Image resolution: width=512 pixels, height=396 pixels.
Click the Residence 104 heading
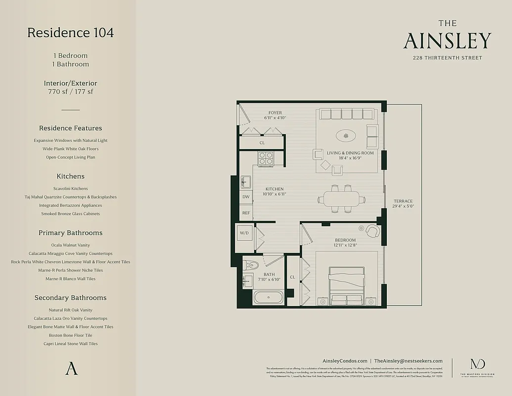pos(70,33)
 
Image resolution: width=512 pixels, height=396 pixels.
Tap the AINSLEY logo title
pos(447,41)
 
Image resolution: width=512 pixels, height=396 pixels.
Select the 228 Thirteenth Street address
pos(447,58)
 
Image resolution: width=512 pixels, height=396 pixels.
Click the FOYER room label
pos(275,113)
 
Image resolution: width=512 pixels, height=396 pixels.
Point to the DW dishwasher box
pos(246,197)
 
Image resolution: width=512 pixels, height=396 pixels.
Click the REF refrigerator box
pos(246,213)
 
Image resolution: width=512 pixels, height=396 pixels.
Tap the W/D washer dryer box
pos(244,233)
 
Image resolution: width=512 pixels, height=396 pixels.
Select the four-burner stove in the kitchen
pos(266,158)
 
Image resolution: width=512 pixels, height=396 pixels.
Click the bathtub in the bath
pos(268,297)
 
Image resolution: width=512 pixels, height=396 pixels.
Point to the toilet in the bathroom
pos(250,264)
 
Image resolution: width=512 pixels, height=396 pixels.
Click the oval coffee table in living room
pos(346,136)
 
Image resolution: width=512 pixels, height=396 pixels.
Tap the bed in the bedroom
pos(347,286)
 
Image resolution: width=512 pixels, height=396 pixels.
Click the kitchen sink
pos(245,182)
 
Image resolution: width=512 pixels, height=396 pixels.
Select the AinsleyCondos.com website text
pos(345,361)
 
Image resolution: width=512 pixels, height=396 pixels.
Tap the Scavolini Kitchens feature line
pos(70,189)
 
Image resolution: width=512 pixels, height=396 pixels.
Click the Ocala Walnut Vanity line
pos(70,245)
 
